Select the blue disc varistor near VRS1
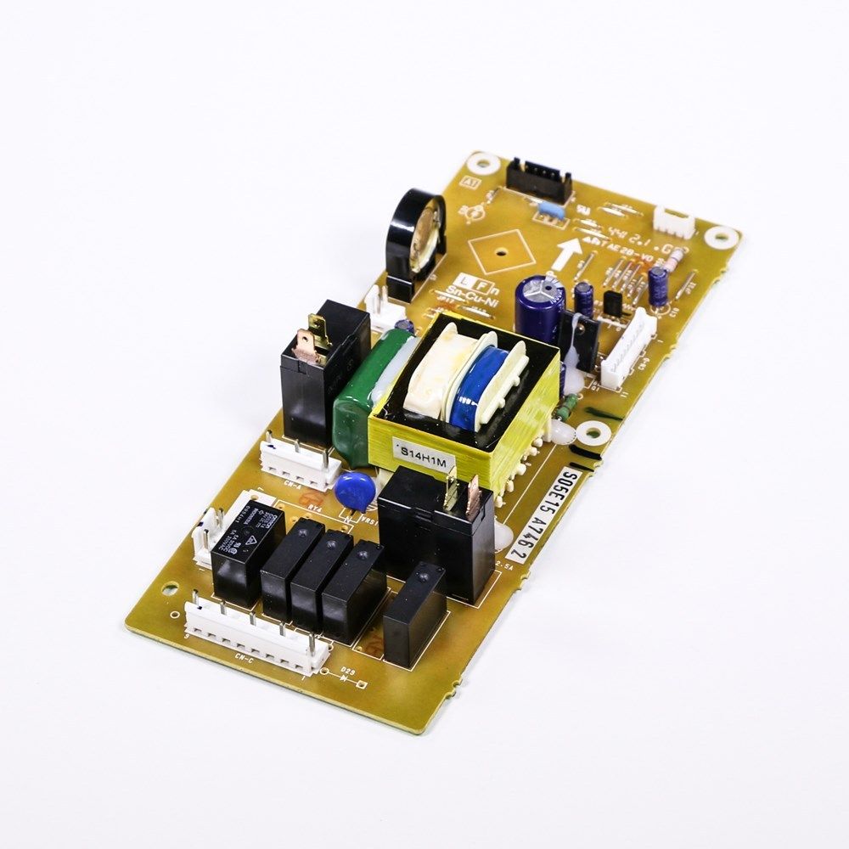351,490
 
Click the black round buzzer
414,242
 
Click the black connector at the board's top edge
538,181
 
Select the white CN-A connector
299,464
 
